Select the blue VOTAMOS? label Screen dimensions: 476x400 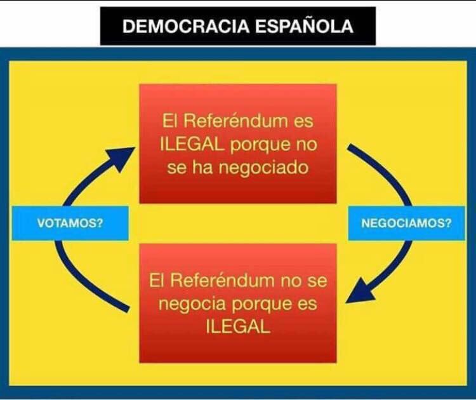point(70,223)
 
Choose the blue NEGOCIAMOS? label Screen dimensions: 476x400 point(406,223)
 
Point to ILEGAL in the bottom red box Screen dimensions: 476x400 point(238,328)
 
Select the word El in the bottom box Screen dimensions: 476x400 point(160,280)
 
